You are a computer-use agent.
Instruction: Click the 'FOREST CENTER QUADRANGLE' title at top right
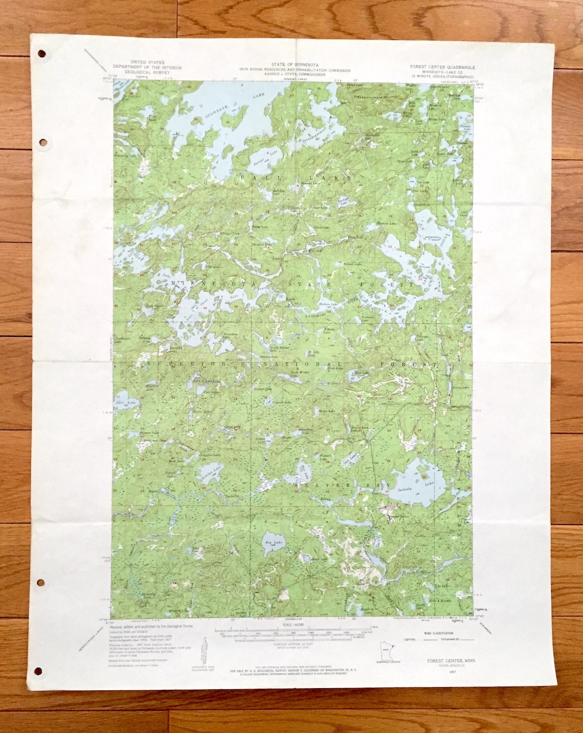point(442,67)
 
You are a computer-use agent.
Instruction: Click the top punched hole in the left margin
point(42,53)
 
